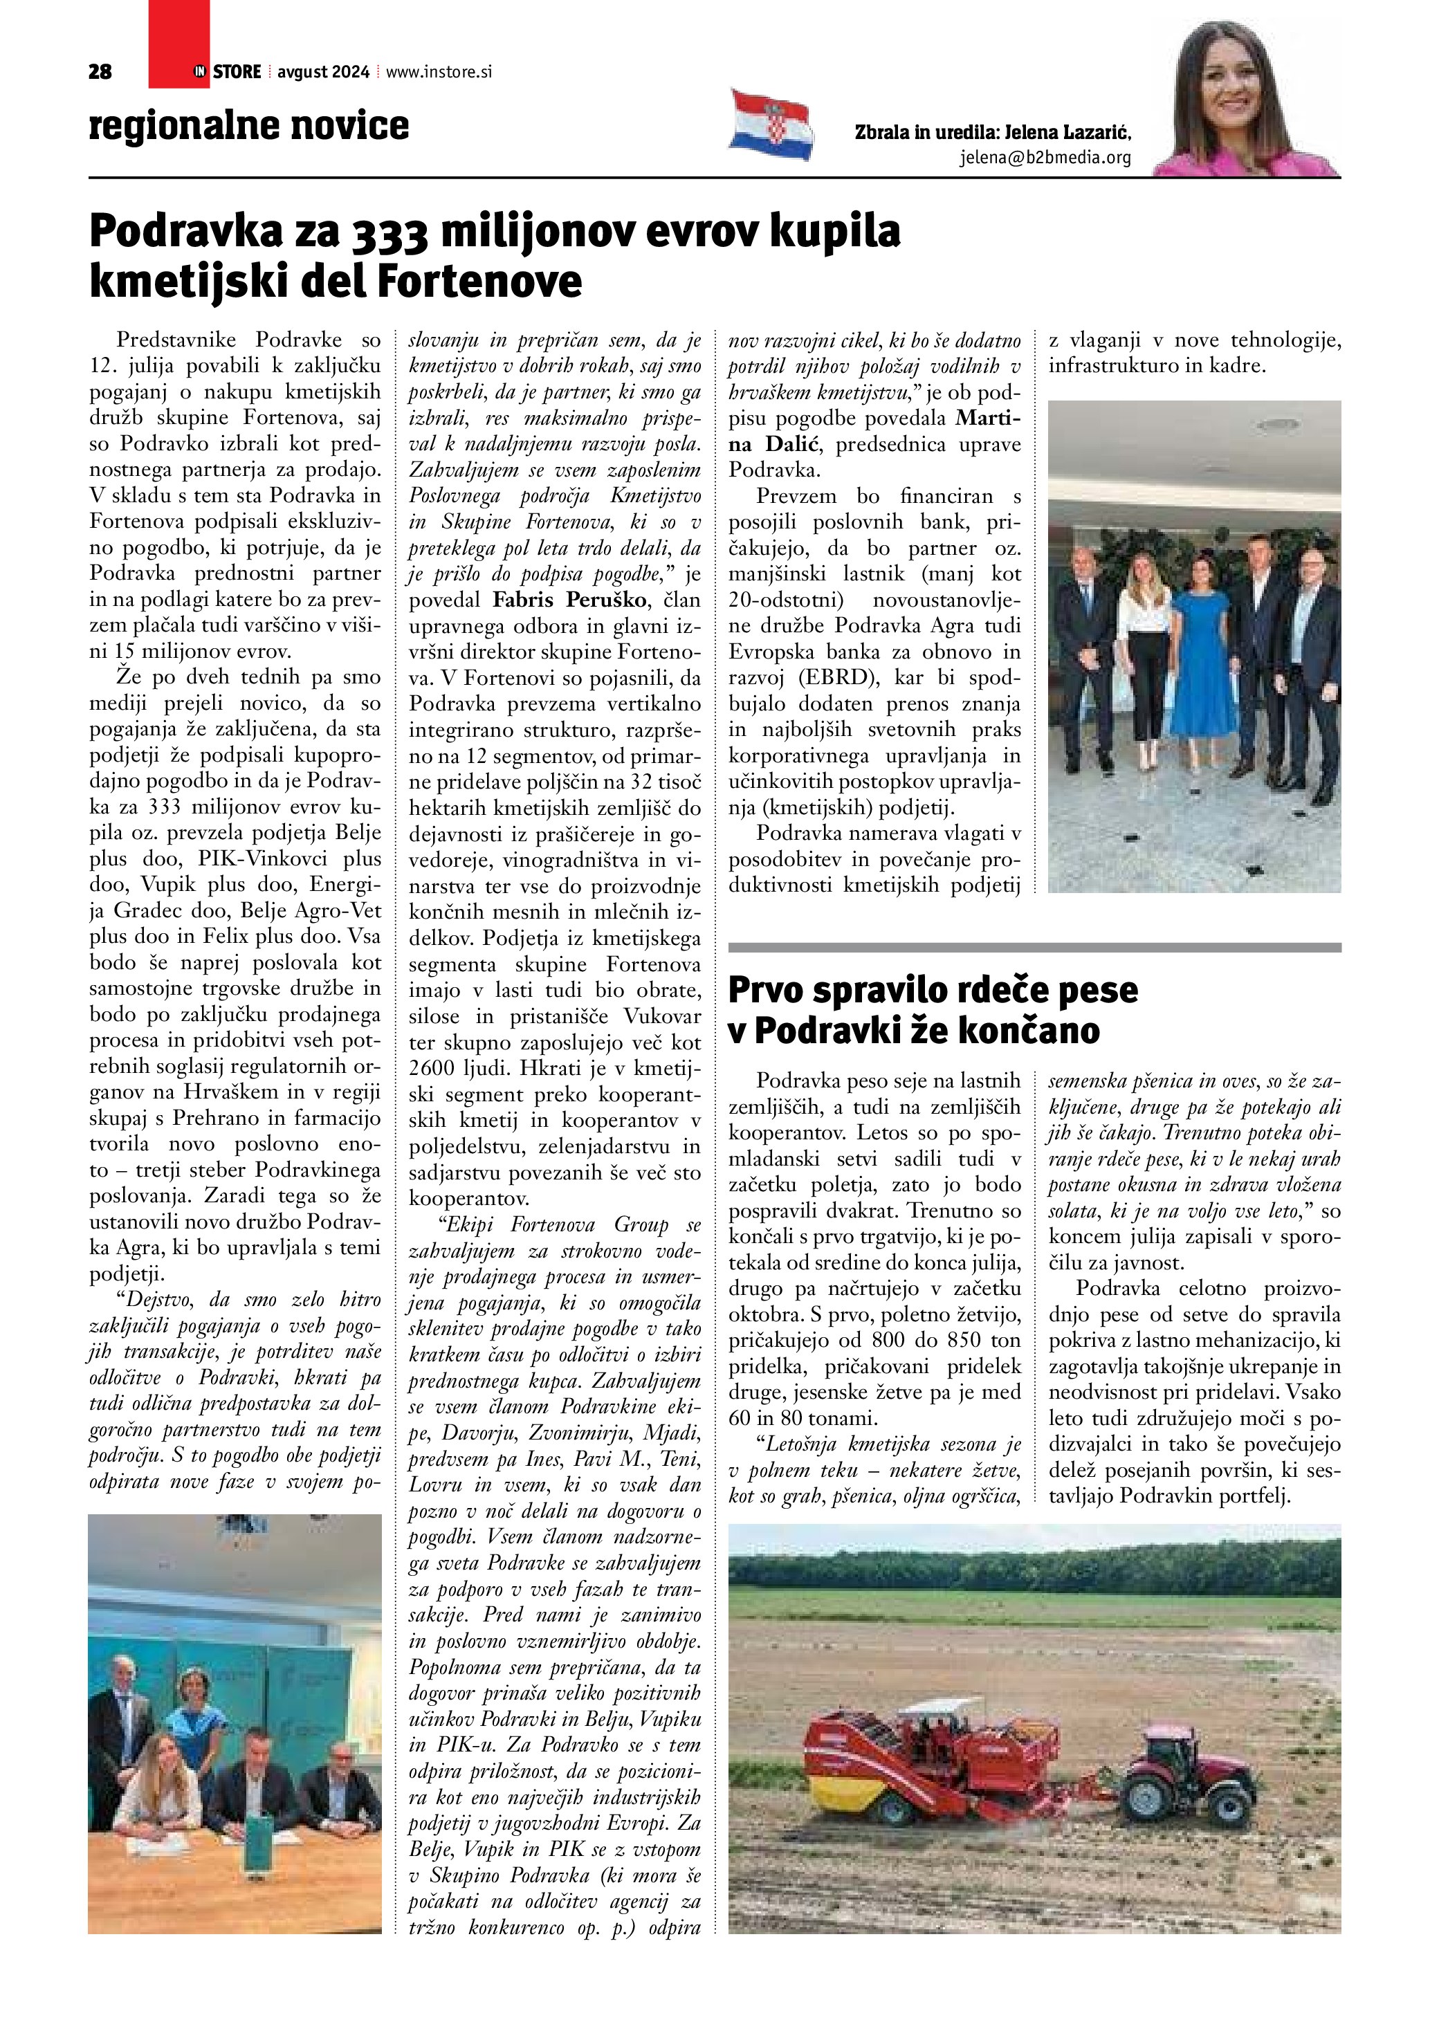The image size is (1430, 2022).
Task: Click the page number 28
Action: (100, 72)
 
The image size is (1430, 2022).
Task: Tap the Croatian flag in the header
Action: (771, 125)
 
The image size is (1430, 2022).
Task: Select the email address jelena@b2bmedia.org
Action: (1045, 158)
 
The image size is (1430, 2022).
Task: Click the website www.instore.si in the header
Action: (439, 72)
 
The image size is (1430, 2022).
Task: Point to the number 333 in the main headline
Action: (390, 232)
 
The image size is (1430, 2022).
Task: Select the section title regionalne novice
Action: (249, 125)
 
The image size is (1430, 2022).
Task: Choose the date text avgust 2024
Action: (323, 72)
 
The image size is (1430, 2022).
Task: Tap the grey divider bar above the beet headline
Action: (1035, 948)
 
